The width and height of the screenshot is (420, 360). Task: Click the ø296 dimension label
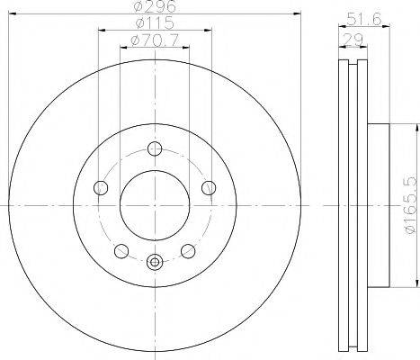click(x=155, y=6)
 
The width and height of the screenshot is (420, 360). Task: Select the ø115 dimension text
click(x=155, y=22)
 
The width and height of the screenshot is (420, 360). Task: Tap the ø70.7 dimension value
click(x=155, y=40)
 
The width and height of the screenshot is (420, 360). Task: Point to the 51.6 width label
click(x=364, y=20)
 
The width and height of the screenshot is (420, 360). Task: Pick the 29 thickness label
click(x=353, y=40)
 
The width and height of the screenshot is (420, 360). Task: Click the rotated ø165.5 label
click(x=410, y=205)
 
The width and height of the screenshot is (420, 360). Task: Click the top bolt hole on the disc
click(x=155, y=148)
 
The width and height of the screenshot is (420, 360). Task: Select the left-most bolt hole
click(x=101, y=188)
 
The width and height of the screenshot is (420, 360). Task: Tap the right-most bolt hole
click(x=209, y=188)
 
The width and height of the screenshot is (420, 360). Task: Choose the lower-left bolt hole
click(x=121, y=251)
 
